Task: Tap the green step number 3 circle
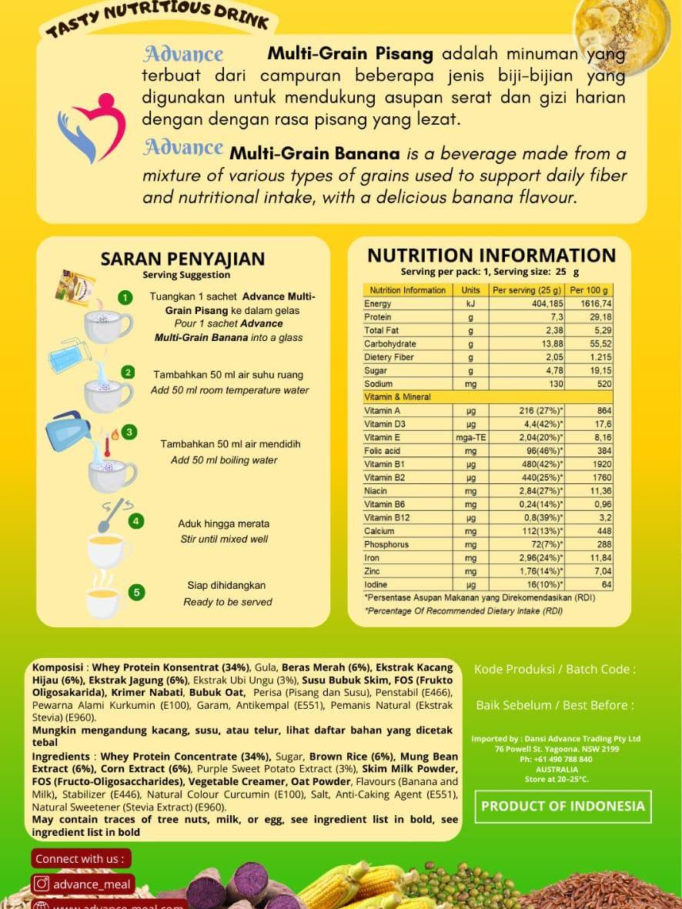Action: (x=129, y=432)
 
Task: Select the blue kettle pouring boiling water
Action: (x=67, y=433)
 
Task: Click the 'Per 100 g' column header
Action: (x=589, y=290)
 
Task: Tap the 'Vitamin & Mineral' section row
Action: (x=397, y=397)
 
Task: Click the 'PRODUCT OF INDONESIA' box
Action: (x=563, y=807)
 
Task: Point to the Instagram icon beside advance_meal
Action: (x=42, y=884)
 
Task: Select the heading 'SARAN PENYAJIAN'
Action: (x=182, y=259)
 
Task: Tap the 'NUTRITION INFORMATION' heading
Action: (x=491, y=256)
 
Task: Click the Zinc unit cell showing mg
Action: (x=470, y=571)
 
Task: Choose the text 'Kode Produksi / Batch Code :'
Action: (x=555, y=670)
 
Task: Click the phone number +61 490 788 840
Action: (x=557, y=759)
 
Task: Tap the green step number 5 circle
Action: (x=136, y=592)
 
